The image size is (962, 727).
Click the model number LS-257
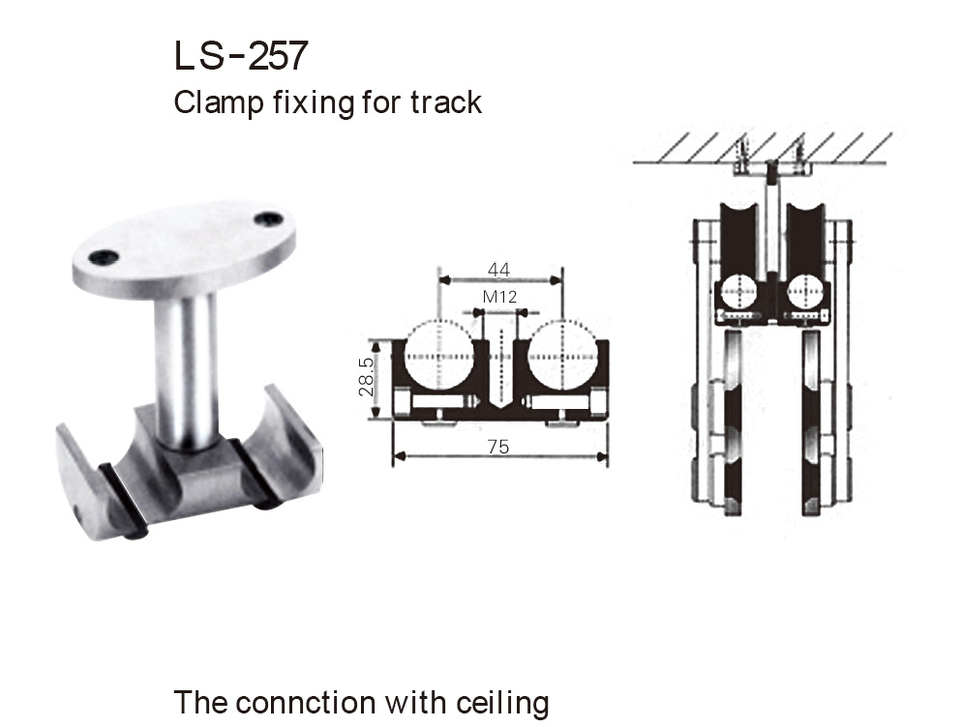240,57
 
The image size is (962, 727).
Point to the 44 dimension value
499,270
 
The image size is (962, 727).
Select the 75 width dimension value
499,446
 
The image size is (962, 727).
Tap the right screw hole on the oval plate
268,220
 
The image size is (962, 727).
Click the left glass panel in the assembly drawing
733,425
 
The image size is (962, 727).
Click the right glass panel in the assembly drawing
812,425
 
